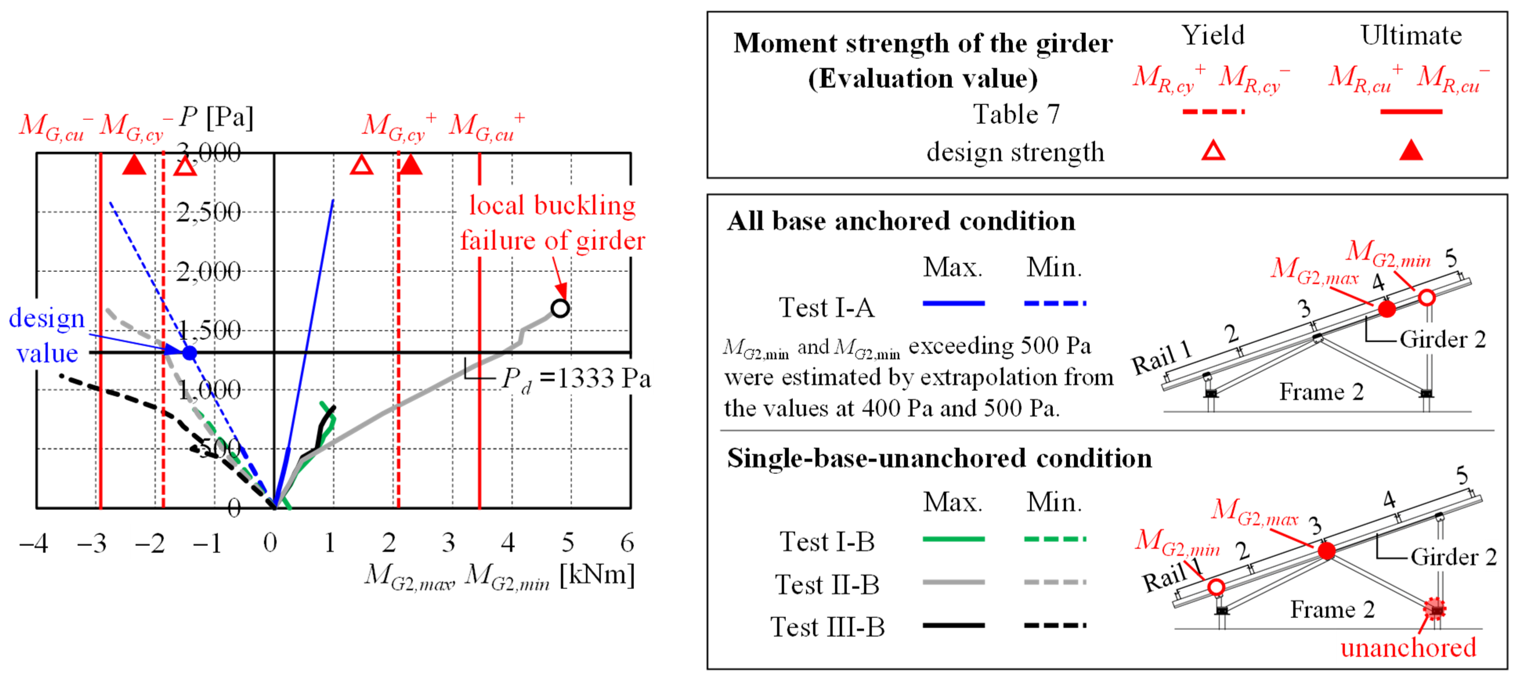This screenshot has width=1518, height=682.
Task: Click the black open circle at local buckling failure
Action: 560,308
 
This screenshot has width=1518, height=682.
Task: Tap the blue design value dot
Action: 189,352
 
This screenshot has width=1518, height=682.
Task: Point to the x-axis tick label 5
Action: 567,542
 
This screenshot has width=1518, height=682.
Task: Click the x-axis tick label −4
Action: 34,542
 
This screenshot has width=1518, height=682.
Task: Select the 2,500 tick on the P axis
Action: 209,212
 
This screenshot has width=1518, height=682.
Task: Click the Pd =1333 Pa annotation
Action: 576,379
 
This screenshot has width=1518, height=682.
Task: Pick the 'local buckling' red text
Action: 552,205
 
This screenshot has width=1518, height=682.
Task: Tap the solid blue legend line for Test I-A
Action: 953,303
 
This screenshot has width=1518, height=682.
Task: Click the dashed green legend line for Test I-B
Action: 1054,539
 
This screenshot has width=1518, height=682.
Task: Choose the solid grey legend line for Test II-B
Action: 953,582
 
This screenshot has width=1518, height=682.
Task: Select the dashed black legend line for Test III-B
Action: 1054,625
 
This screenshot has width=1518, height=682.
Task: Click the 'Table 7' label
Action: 1016,114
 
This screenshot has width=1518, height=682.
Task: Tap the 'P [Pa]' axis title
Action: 216,117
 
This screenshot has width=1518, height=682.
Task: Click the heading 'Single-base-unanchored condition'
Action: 939,458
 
